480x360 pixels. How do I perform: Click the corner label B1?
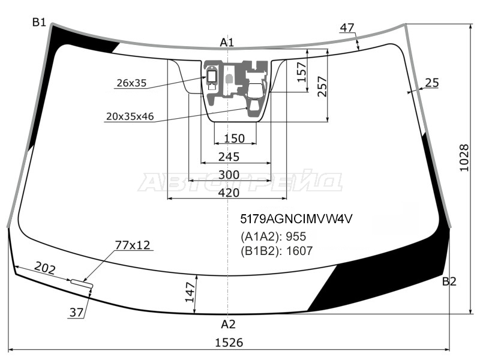click(x=39, y=23)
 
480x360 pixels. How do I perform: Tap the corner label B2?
click(x=449, y=281)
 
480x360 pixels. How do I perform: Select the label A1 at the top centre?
click(x=227, y=43)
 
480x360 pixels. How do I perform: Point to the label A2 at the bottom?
click(x=228, y=324)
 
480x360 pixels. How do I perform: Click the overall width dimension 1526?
click(x=229, y=343)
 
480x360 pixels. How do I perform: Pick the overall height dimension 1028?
click(x=464, y=158)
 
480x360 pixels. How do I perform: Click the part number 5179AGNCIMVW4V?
click(x=296, y=219)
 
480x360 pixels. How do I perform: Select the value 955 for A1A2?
click(x=296, y=236)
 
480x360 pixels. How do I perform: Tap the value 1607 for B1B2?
click(x=299, y=251)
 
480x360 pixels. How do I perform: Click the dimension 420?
click(x=229, y=193)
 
